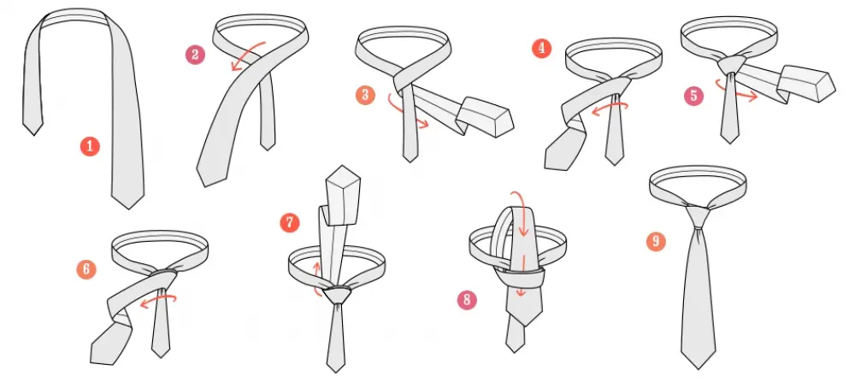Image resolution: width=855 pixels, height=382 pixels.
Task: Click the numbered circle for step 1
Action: click(91, 146)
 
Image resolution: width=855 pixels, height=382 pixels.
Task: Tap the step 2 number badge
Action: click(195, 56)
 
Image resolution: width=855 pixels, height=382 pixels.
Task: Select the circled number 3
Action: click(367, 95)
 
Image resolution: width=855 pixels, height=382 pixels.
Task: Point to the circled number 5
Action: click(693, 96)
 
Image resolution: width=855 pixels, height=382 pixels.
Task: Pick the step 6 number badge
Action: click(85, 269)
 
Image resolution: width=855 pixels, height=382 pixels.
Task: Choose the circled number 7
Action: click(290, 223)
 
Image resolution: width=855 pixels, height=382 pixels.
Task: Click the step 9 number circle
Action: click(656, 242)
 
